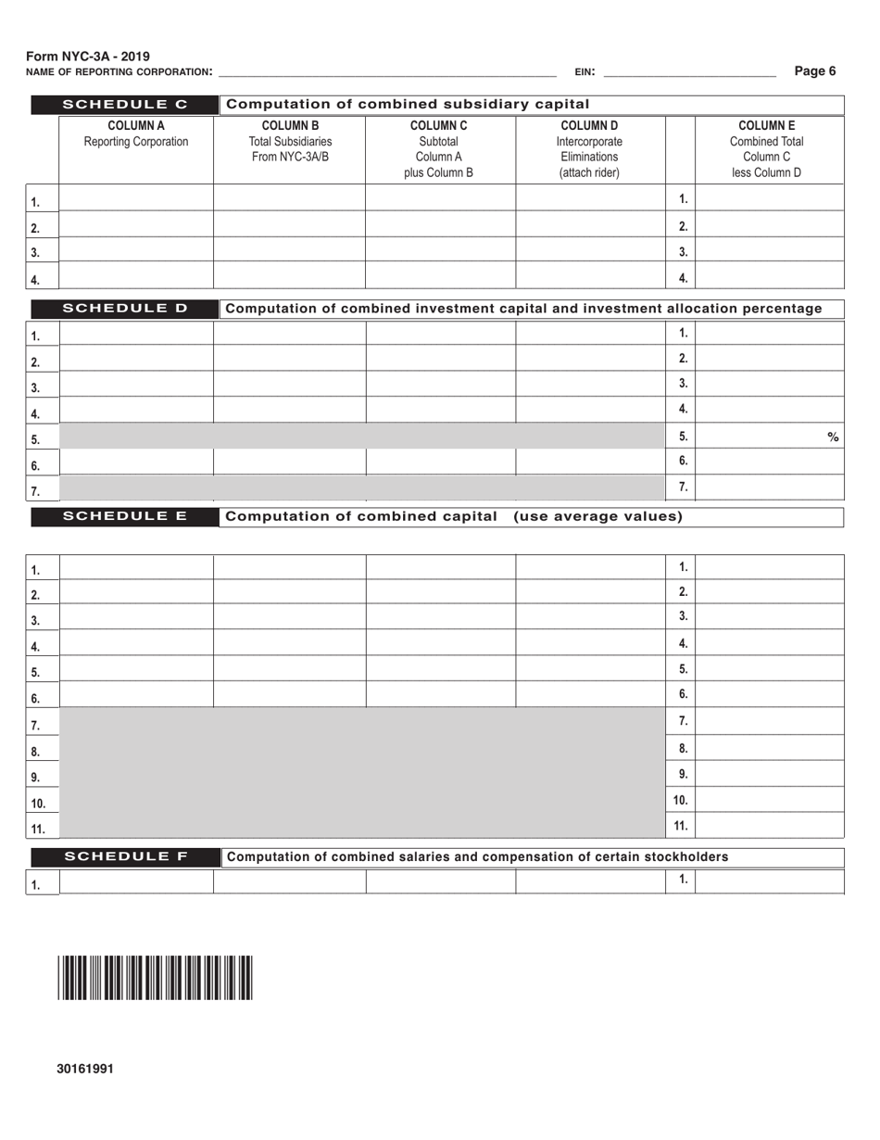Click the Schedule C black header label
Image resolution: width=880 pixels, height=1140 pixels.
[x=124, y=104]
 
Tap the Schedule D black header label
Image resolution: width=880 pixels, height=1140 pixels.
[x=124, y=309]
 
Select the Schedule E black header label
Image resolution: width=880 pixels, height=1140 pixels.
[x=124, y=516]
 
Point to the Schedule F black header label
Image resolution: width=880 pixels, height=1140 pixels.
[x=124, y=856]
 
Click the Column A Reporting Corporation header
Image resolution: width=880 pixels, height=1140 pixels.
[x=136, y=134]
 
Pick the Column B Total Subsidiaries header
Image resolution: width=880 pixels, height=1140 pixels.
[x=291, y=142]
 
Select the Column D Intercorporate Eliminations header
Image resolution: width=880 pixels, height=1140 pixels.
[x=589, y=149]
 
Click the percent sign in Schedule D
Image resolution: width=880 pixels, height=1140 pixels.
[x=833, y=437]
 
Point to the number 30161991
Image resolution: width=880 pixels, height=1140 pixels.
[x=85, y=1069]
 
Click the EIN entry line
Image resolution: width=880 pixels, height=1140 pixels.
[x=689, y=72]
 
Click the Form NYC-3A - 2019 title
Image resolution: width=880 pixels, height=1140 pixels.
[x=88, y=57]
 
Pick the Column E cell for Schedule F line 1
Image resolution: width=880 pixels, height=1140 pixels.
[x=769, y=881]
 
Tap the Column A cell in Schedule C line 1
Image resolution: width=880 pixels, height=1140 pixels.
[x=136, y=197]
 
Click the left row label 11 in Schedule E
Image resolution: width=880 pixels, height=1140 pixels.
[x=38, y=829]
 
